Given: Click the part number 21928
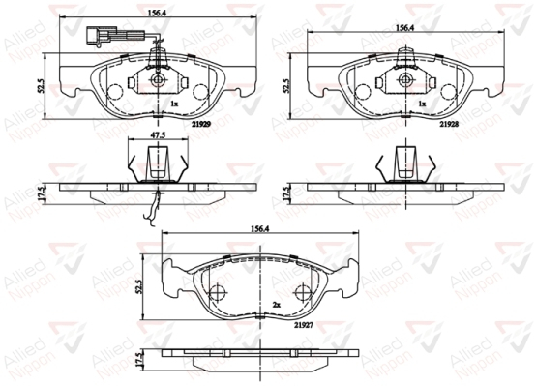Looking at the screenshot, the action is [x=449, y=125].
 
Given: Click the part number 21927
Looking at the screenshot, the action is [x=304, y=326].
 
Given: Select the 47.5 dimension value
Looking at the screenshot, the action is [x=158, y=134].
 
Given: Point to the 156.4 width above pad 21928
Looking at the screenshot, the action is [x=405, y=28].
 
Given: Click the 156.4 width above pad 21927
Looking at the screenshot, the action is [x=260, y=229].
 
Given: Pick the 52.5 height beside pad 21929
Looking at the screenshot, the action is [x=41, y=86].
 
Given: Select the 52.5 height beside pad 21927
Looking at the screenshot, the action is [x=138, y=287].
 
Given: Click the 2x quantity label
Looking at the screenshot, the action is [x=276, y=305].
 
